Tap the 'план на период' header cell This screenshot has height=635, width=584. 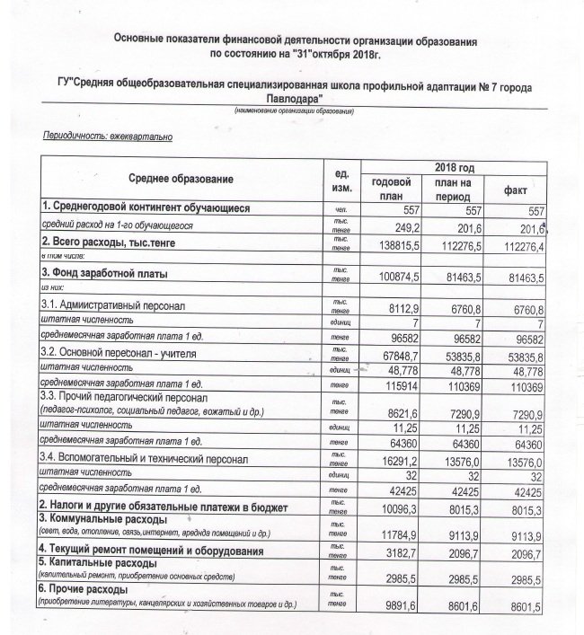point(454,187)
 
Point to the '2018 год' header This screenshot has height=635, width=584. point(453,168)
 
